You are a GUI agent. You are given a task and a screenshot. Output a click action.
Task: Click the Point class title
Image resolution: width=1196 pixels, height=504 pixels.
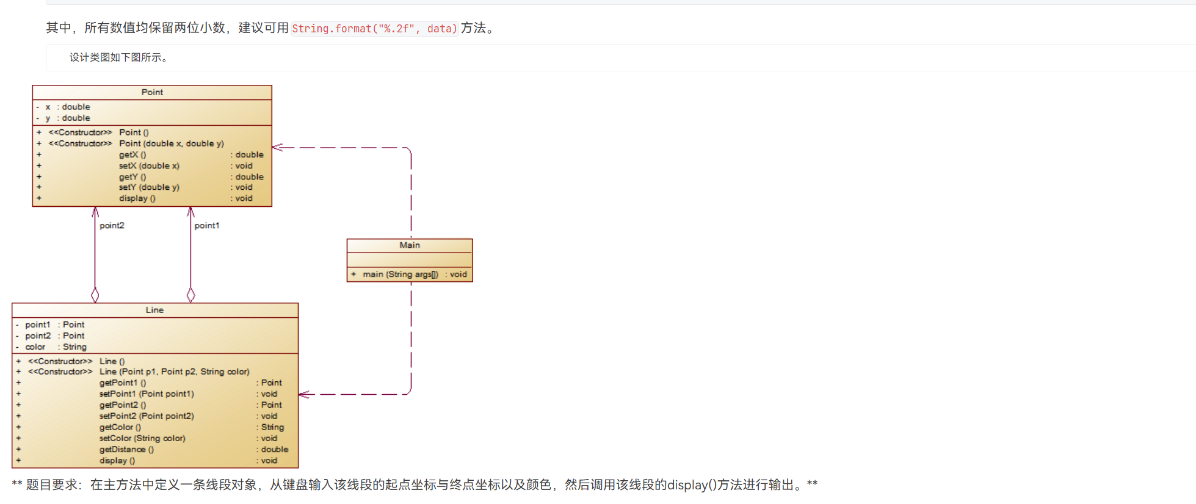[x=152, y=92]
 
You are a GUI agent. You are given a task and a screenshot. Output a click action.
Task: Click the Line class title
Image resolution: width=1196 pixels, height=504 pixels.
[x=154, y=310]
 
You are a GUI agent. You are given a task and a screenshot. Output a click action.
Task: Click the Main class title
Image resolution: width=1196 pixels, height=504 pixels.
[x=410, y=245]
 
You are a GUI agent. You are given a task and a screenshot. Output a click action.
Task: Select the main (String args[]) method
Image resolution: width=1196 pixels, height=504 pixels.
[x=400, y=275]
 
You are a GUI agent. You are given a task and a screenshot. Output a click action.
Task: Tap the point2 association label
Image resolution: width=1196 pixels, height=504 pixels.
[x=112, y=226]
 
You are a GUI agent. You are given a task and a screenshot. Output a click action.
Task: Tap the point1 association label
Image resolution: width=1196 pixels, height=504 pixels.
[x=206, y=226]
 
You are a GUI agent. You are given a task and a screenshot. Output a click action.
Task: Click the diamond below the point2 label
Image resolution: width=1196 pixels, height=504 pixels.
[x=95, y=295]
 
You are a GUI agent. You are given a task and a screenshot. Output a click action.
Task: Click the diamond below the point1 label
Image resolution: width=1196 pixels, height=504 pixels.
[x=191, y=295]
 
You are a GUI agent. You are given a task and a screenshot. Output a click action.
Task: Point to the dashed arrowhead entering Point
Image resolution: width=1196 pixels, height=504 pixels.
[x=277, y=147]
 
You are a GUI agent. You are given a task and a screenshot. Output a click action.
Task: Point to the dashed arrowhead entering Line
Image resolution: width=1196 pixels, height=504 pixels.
[x=304, y=394]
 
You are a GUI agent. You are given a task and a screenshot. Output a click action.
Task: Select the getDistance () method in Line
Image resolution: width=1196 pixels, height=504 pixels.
[x=126, y=450]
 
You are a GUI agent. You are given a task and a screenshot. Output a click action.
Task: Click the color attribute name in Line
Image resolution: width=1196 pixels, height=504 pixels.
[x=35, y=347]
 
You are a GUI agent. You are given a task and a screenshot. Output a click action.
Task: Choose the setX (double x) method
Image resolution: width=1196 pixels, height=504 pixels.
[x=149, y=166]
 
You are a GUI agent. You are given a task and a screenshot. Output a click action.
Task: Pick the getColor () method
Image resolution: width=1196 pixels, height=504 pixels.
[x=120, y=428]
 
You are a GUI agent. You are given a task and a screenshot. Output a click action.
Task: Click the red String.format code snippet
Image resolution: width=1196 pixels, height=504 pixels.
[x=374, y=29]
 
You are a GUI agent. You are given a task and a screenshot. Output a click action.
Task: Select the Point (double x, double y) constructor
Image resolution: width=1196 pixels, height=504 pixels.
[x=171, y=144]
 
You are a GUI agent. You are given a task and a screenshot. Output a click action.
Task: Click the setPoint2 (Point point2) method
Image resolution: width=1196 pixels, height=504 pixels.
[x=147, y=416]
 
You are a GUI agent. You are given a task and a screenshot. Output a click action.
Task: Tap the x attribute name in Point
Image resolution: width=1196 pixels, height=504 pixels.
[x=48, y=107]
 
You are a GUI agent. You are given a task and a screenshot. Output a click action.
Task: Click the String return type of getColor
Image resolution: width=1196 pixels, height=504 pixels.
[x=272, y=428]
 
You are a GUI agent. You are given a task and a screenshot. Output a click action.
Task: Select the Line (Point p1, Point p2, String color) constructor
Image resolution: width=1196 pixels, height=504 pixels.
[x=174, y=372]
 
